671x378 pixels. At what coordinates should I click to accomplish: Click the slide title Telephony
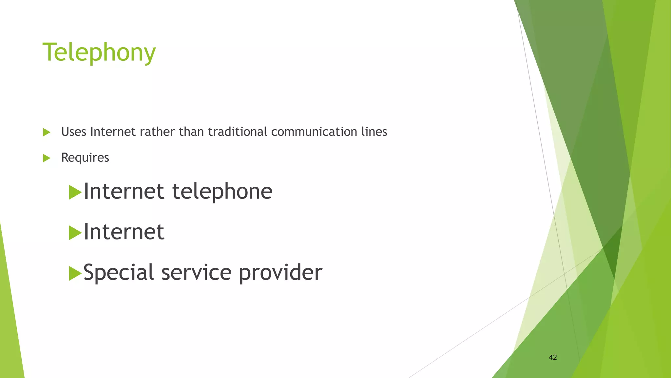[x=99, y=52]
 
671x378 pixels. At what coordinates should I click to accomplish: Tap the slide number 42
[x=553, y=357]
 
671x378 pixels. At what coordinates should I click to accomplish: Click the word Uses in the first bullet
[x=74, y=132]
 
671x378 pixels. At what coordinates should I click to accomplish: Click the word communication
[x=314, y=132]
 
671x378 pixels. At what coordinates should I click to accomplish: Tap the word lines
[x=374, y=132]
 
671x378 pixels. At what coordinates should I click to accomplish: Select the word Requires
[x=85, y=158]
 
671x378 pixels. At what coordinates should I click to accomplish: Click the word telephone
[x=222, y=191]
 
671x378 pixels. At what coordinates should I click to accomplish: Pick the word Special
[x=119, y=272]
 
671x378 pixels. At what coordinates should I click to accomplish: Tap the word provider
[x=280, y=273]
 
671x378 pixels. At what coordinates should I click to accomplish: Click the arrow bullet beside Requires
[x=47, y=158]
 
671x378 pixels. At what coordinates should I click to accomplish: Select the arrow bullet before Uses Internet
[x=47, y=132]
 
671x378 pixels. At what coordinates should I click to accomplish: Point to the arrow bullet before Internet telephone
[x=75, y=192]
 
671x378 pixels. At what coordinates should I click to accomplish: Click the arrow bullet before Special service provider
[x=75, y=273]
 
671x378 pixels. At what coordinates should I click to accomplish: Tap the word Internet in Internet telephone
[x=124, y=191]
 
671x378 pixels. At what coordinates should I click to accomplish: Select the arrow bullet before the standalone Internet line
[x=75, y=233]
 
